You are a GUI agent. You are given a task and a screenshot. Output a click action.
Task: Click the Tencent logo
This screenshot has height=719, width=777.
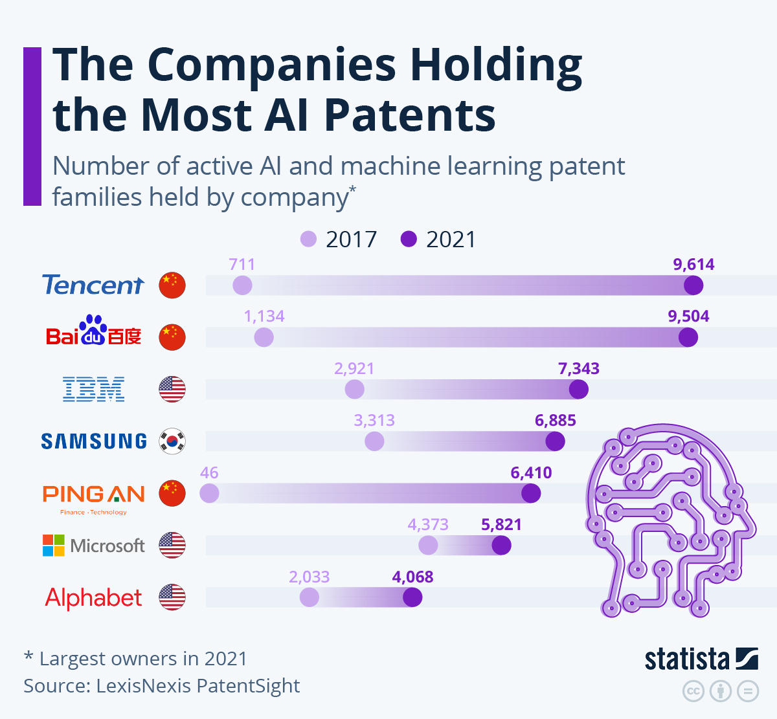tap(93, 285)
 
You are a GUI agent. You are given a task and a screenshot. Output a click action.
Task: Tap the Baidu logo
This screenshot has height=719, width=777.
tap(93, 331)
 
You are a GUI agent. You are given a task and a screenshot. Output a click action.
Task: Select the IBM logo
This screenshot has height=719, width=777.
tap(93, 389)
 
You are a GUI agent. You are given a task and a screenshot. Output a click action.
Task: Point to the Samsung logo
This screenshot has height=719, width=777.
tap(94, 441)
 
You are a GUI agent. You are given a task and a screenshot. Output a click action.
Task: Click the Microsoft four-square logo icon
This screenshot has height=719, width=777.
tap(54, 546)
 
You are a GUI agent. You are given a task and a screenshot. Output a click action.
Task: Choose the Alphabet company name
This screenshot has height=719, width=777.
tap(93, 597)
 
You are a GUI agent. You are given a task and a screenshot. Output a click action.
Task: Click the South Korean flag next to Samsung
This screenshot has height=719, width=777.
tap(172, 441)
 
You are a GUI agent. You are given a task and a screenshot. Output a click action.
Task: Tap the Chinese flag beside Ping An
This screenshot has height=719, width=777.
tap(172, 493)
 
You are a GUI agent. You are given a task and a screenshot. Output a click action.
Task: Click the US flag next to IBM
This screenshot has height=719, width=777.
tap(172, 389)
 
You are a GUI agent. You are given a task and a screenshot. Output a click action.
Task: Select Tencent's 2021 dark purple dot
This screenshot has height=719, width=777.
tap(693, 285)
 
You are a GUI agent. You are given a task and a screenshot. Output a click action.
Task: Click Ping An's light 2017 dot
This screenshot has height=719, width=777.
tap(209, 494)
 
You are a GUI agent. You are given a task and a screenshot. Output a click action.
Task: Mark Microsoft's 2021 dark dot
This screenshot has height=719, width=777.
tap(501, 546)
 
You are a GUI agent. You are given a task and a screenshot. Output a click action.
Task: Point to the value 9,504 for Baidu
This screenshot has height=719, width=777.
tap(688, 316)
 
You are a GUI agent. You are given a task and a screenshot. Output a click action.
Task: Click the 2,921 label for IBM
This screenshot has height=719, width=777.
tap(354, 369)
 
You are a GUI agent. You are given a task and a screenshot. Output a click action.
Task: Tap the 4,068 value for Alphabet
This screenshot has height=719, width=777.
tap(412, 577)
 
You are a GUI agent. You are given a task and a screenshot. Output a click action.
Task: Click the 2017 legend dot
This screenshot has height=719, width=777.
tap(309, 239)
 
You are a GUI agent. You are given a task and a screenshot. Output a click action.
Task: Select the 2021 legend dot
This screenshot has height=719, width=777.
tap(409, 239)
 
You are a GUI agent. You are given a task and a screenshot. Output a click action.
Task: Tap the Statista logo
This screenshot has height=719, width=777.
tap(701, 659)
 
